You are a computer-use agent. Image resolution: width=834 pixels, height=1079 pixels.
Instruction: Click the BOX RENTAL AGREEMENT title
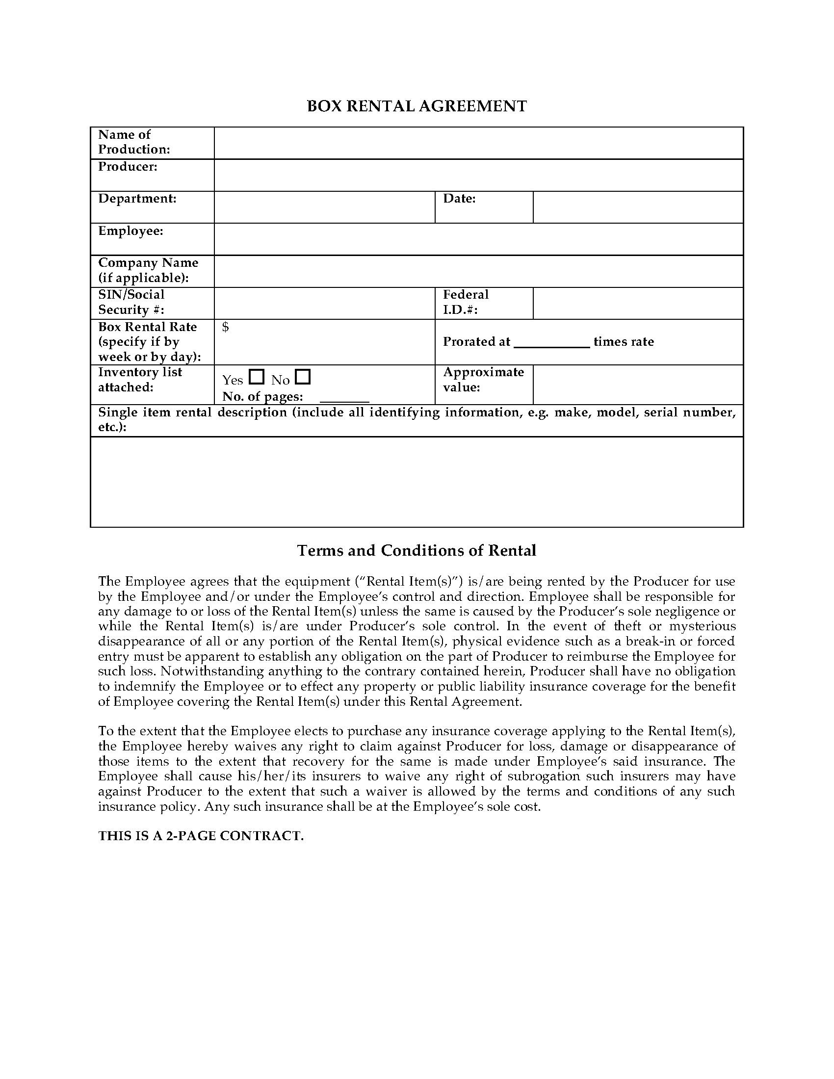417,106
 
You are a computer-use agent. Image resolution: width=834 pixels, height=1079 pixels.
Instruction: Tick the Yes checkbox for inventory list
257,378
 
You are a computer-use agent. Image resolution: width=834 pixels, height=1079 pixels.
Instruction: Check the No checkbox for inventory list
302,378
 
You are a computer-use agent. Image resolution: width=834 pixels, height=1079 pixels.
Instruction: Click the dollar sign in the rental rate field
225,327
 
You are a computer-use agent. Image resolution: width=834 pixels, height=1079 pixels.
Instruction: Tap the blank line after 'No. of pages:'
344,398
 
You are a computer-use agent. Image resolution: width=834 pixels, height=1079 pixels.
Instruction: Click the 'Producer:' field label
128,166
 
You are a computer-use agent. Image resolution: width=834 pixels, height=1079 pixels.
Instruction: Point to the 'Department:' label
137,199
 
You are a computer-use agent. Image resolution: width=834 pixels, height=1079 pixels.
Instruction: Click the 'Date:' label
459,199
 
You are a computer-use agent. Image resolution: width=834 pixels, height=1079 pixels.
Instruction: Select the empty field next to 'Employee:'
478,239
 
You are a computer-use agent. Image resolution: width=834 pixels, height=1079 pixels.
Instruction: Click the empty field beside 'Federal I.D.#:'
638,303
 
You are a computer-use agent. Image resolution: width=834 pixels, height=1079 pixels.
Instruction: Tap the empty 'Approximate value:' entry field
638,385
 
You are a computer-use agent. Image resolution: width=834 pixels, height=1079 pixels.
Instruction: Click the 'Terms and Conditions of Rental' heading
417,550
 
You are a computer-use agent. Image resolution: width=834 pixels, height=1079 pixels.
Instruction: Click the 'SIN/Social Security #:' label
131,302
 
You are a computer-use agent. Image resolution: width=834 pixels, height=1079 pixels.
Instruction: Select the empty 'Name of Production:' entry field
478,143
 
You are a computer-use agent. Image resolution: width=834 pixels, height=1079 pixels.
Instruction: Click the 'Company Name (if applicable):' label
148,270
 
